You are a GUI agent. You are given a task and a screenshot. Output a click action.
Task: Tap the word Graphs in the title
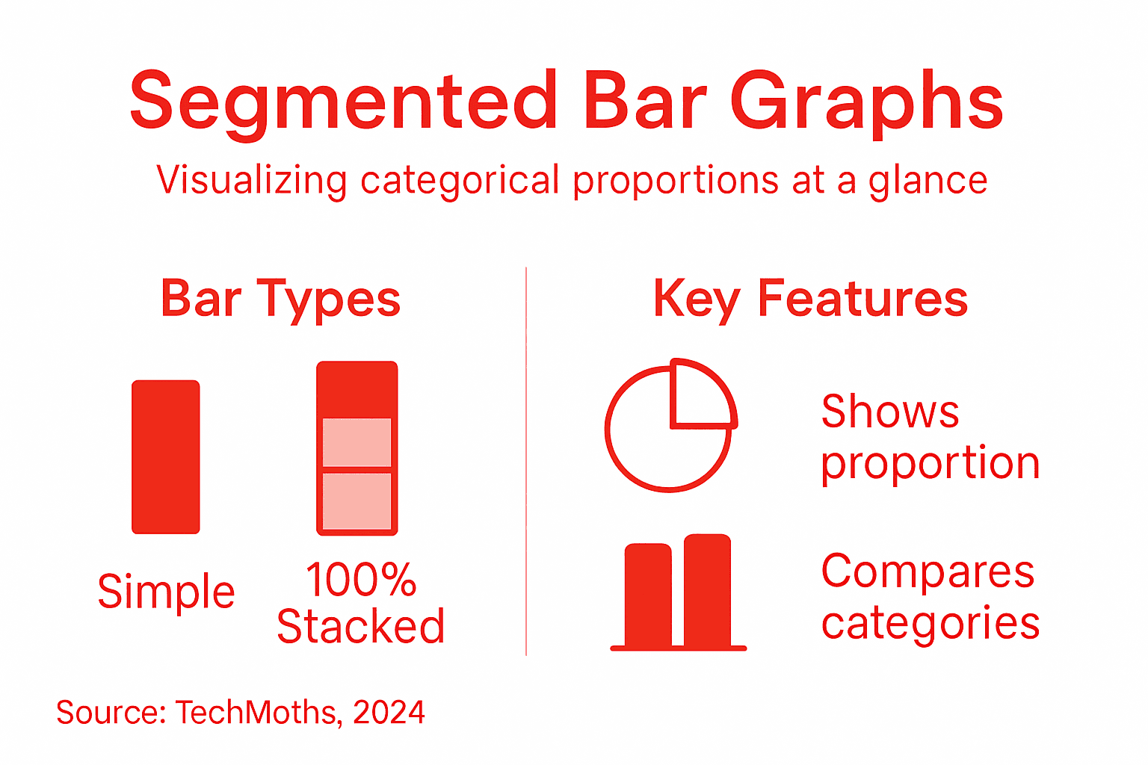click(867, 101)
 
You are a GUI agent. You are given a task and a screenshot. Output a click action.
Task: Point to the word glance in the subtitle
click(928, 181)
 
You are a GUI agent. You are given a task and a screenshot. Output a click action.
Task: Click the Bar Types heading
click(280, 299)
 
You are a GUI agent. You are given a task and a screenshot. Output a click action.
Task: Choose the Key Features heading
click(810, 299)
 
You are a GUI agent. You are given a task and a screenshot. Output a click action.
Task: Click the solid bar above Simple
click(166, 456)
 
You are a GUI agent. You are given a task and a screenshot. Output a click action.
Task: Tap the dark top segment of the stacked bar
click(357, 389)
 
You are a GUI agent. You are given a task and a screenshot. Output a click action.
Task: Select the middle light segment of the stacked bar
click(357, 442)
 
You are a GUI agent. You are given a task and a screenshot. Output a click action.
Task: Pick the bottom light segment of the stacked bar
click(357, 501)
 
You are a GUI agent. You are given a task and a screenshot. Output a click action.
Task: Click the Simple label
click(166, 592)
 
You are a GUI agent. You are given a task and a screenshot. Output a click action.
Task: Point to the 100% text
click(360, 580)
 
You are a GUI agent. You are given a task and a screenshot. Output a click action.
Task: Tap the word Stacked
click(360, 626)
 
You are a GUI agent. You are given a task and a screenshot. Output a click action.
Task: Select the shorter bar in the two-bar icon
click(648, 595)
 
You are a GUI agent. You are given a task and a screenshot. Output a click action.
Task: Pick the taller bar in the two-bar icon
click(707, 589)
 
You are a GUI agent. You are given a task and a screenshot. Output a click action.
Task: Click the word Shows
click(889, 412)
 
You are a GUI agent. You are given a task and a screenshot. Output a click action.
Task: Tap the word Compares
click(928, 572)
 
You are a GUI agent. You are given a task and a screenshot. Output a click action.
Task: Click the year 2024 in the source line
click(389, 713)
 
